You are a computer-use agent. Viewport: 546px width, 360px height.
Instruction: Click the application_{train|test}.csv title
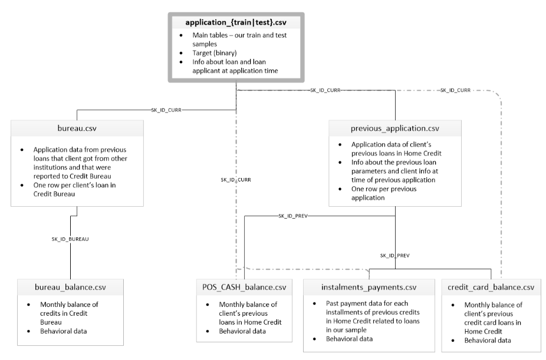[236, 22]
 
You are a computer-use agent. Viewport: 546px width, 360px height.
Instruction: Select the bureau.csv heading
[77, 128]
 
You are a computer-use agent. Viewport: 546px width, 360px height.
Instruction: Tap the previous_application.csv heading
[395, 128]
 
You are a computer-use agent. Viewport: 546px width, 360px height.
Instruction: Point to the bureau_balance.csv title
[70, 288]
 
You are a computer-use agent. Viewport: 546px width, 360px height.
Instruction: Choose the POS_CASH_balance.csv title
[244, 288]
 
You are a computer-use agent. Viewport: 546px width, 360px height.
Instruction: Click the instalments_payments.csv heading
[369, 288]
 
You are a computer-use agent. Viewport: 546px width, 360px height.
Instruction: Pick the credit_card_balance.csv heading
[491, 288]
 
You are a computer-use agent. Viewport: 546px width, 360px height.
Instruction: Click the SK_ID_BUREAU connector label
[70, 239]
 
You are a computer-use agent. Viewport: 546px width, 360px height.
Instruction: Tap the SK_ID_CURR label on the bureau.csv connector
[166, 110]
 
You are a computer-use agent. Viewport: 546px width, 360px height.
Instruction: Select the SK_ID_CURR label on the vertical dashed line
[236, 180]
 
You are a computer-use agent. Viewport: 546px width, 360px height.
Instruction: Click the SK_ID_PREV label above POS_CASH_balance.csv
[293, 216]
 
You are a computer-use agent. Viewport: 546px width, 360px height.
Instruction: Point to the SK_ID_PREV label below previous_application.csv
[395, 256]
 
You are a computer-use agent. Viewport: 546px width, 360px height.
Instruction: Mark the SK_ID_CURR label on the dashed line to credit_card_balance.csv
[455, 90]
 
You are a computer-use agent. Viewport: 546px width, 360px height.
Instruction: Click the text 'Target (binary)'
[215, 53]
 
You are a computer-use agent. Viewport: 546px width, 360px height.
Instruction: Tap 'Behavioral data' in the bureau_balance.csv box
[63, 331]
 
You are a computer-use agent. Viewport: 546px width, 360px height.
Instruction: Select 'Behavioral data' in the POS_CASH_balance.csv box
[242, 331]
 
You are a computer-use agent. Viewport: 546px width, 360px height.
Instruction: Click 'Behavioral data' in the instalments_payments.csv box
[349, 339]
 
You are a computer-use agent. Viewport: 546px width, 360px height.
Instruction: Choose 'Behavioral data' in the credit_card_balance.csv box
[488, 341]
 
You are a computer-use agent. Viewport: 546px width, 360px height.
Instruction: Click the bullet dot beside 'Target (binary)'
[181, 53]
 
